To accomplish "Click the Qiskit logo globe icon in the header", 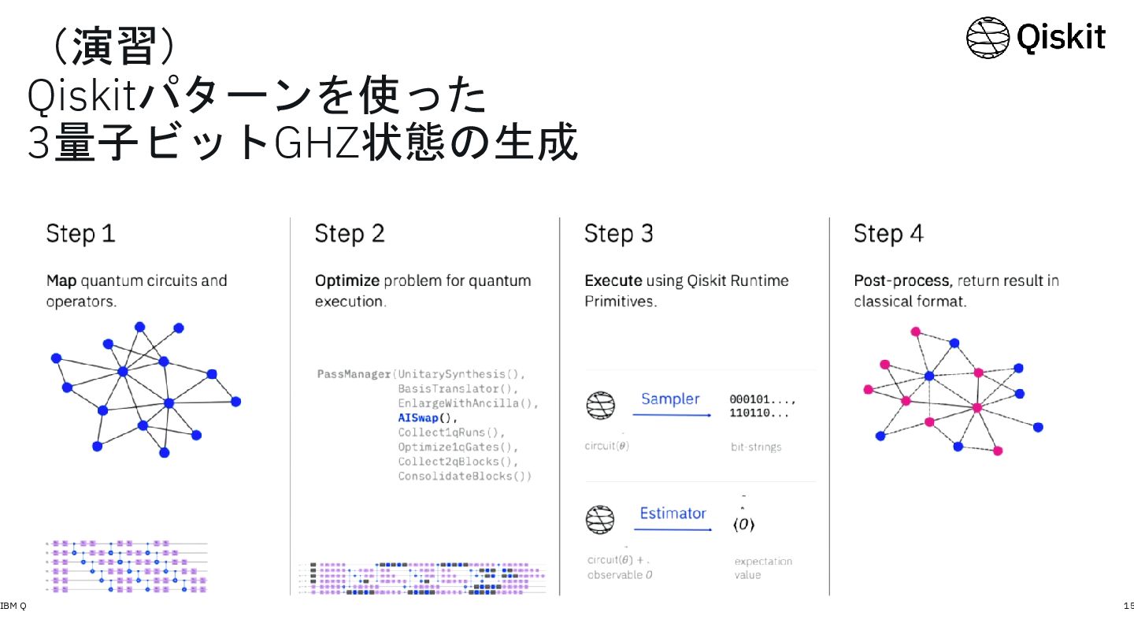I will click(988, 37).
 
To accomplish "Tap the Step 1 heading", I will click(80, 234).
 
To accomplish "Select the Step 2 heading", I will click(350, 234).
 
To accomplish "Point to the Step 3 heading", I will click(619, 234).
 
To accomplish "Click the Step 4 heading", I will click(888, 234).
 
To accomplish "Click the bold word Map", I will click(61, 281).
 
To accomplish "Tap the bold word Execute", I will click(613, 281).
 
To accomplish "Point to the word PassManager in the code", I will click(354, 373).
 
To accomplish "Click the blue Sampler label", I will click(670, 399).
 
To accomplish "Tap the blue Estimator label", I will click(673, 514).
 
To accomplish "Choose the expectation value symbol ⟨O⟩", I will click(744, 525).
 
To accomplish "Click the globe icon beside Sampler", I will click(600, 405).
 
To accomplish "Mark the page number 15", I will click(1128, 606).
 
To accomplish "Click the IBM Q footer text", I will click(13, 606).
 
